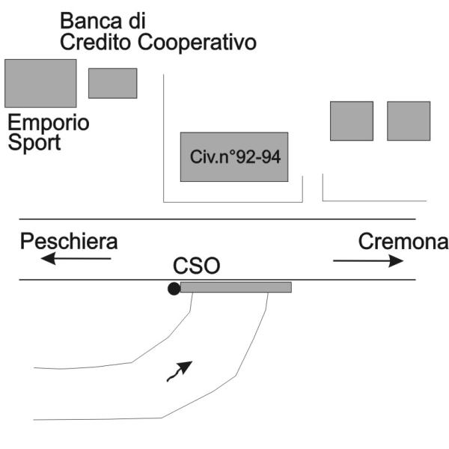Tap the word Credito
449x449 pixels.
coord(96,42)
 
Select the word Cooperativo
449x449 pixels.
coord(198,43)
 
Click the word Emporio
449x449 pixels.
coord(49,123)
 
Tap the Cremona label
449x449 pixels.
coord(403,242)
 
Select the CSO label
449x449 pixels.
coord(198,267)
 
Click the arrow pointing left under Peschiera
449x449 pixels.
coord(76,260)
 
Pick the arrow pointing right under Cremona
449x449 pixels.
coord(369,260)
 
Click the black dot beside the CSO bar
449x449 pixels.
coord(174,288)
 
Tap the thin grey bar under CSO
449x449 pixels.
coord(236,287)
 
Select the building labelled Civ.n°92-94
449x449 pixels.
coord(233,156)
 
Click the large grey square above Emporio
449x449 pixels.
coord(40,83)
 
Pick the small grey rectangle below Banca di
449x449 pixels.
coord(112,83)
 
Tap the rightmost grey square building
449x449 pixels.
coord(408,120)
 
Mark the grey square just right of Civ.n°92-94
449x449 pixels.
coord(351,120)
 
